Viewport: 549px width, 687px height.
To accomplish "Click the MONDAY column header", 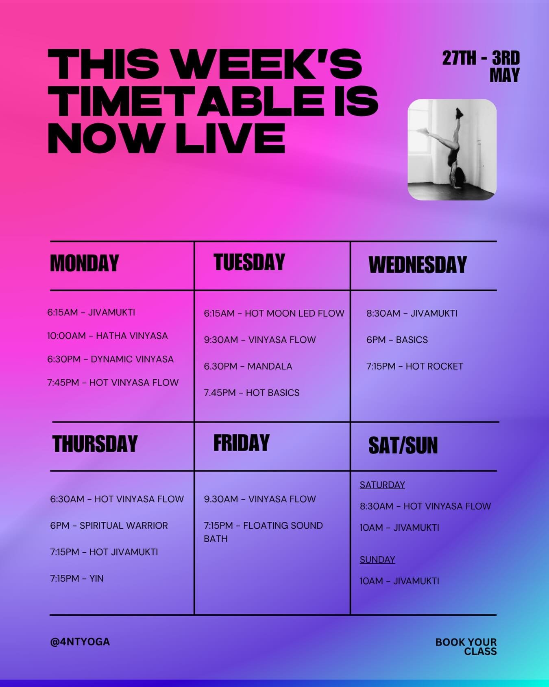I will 84,263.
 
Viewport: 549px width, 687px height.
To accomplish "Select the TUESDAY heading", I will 249,262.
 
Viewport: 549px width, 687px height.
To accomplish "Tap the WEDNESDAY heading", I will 417,265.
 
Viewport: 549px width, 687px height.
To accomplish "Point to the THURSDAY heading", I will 95,444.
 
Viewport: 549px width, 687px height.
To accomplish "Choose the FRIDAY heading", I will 241,443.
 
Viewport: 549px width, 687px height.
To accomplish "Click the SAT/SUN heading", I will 403,445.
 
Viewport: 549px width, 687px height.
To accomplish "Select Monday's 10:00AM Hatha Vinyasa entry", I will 107,336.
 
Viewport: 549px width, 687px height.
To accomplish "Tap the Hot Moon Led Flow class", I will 274,313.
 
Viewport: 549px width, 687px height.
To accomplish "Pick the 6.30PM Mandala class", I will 248,366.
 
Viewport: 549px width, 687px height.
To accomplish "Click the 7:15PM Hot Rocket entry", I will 414,366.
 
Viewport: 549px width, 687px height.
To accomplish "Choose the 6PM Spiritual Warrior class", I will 109,525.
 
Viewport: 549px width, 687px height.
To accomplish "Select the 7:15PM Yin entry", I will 76,578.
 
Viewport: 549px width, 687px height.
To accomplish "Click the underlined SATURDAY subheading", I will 382,485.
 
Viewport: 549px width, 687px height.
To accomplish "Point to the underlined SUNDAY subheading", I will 377,560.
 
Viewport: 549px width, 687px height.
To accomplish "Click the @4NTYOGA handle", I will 80,642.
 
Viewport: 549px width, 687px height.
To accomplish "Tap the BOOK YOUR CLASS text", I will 466,646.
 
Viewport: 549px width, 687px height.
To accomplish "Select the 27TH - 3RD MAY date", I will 481,66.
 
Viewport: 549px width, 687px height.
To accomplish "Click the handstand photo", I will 452,149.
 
